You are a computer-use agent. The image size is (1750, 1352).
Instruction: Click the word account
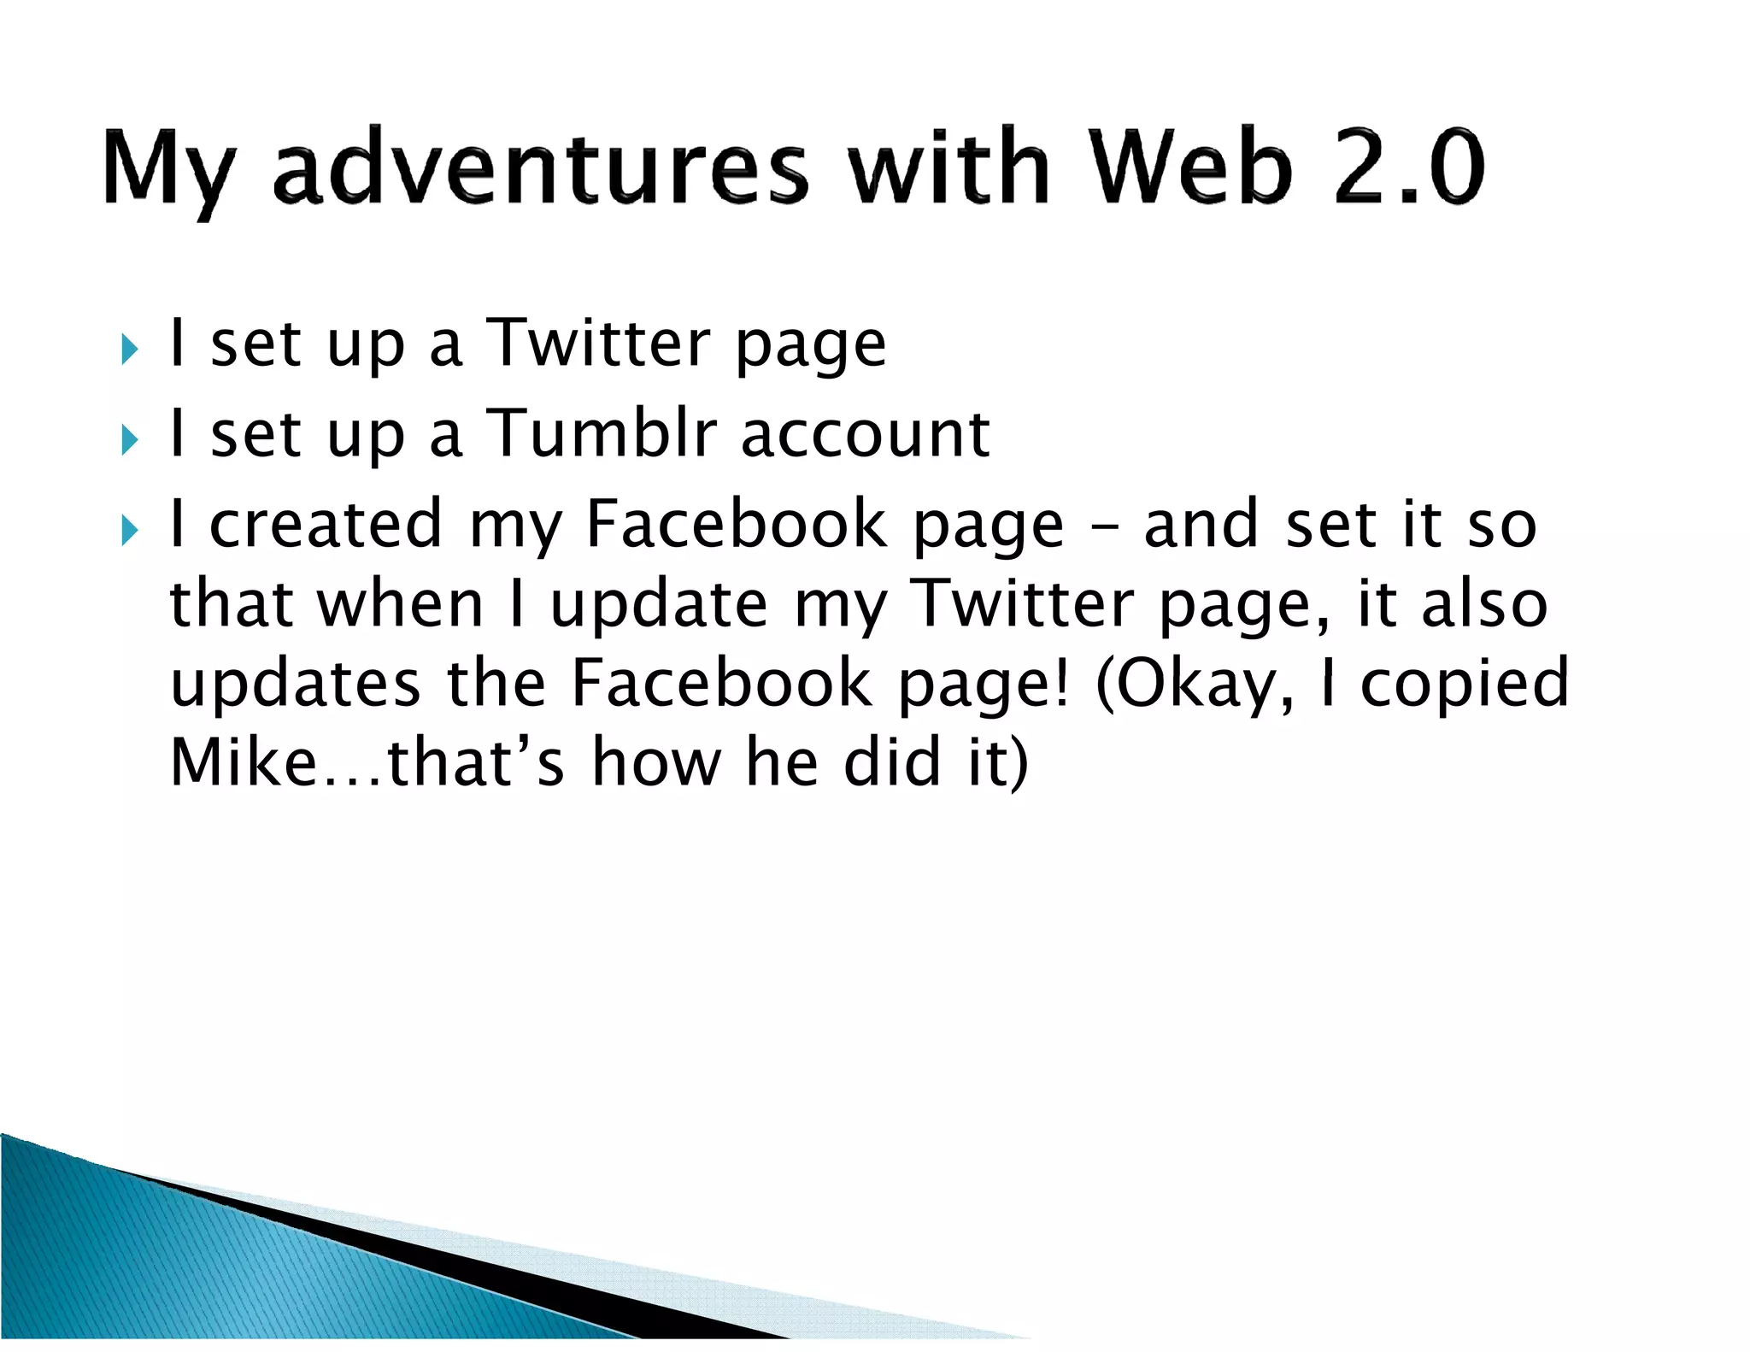[x=865, y=434]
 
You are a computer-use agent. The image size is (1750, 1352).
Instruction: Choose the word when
[x=401, y=603]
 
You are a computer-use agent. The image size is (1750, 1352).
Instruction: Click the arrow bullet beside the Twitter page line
[x=129, y=349]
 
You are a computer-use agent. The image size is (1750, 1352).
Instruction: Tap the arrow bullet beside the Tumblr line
[x=129, y=440]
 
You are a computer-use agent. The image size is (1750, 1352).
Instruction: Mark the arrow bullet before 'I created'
[x=129, y=531]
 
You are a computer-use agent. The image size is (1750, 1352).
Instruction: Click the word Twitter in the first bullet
[x=598, y=343]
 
